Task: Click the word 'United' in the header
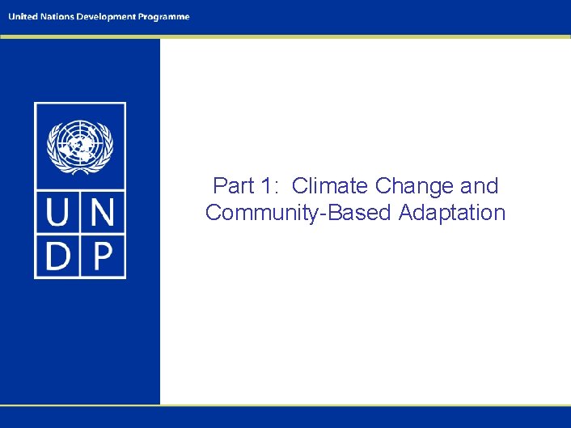tap(23, 16)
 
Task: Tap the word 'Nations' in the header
tap(56, 16)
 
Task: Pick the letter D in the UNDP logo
tap(58, 256)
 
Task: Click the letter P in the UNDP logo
tap(103, 256)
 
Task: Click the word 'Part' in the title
tap(233, 186)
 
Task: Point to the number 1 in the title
tap(268, 186)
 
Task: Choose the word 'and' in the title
tap(480, 186)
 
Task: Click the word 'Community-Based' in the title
tap(298, 214)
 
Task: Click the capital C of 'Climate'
tap(300, 186)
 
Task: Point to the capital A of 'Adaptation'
tap(405, 213)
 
